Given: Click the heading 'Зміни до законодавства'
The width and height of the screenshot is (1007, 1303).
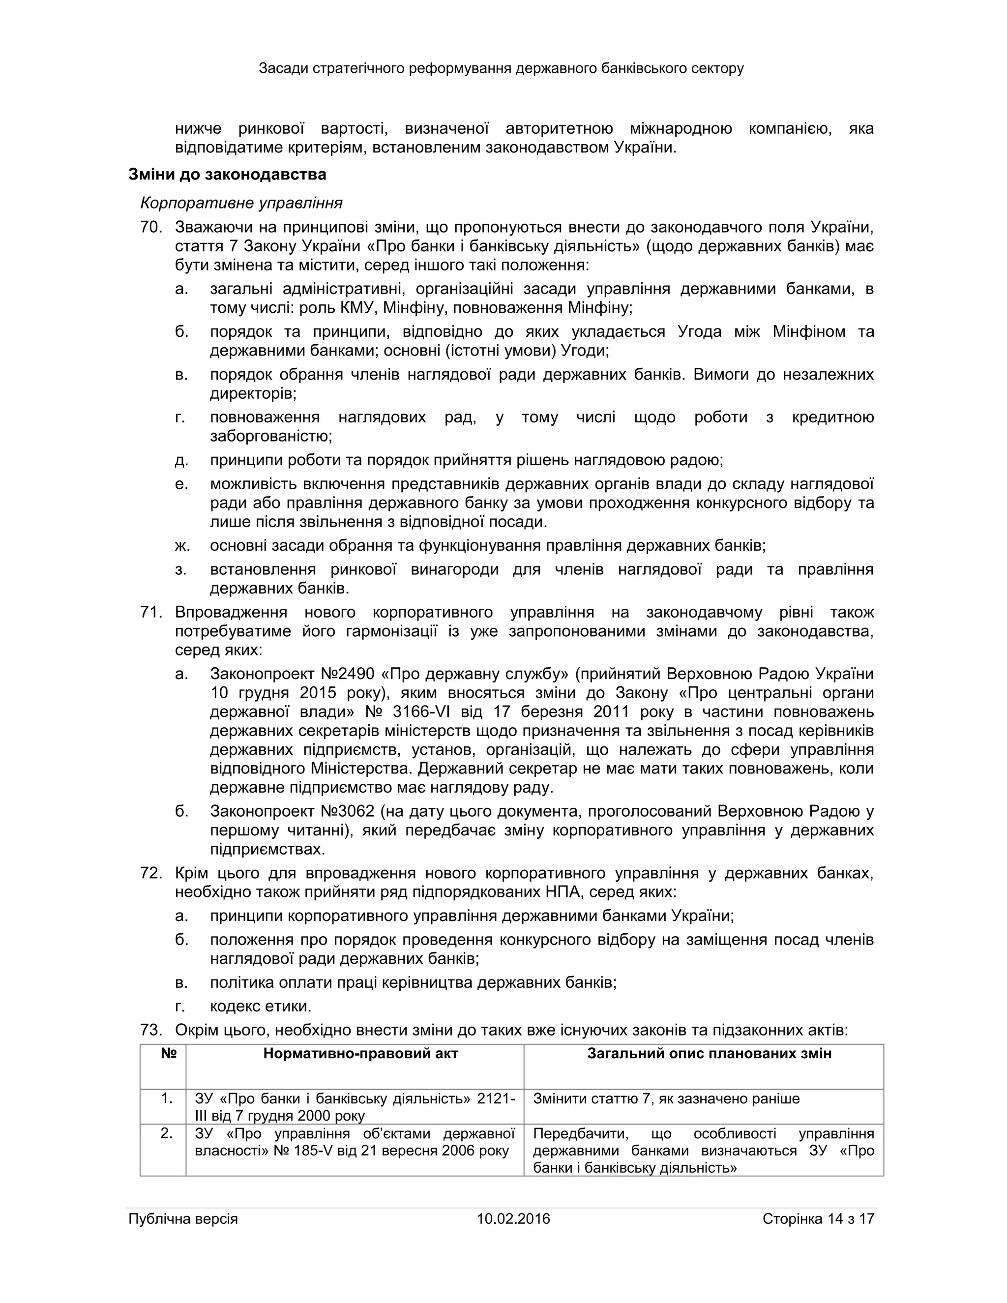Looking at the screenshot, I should (x=227, y=175).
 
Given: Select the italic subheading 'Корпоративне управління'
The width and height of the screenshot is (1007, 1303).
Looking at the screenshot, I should (x=241, y=203).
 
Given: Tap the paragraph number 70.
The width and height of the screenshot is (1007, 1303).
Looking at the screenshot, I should (x=151, y=227).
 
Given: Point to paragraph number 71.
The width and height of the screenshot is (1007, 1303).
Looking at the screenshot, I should (x=151, y=612).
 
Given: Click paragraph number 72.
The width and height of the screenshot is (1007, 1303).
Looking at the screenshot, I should (x=151, y=873).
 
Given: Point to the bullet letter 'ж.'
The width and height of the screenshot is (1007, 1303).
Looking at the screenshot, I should (x=182, y=545).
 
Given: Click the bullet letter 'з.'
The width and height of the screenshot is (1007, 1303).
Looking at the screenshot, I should (x=181, y=570).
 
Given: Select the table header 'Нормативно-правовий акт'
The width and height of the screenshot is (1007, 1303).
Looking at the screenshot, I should (x=360, y=1054).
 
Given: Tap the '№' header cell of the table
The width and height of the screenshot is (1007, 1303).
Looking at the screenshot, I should (x=169, y=1054).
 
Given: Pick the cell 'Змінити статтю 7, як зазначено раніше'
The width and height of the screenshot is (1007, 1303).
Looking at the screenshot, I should (x=666, y=1098).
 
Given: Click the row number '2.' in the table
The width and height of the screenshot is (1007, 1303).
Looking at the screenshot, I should (x=167, y=1133).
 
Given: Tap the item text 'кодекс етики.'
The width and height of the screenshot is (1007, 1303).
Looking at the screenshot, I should (x=261, y=1007).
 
